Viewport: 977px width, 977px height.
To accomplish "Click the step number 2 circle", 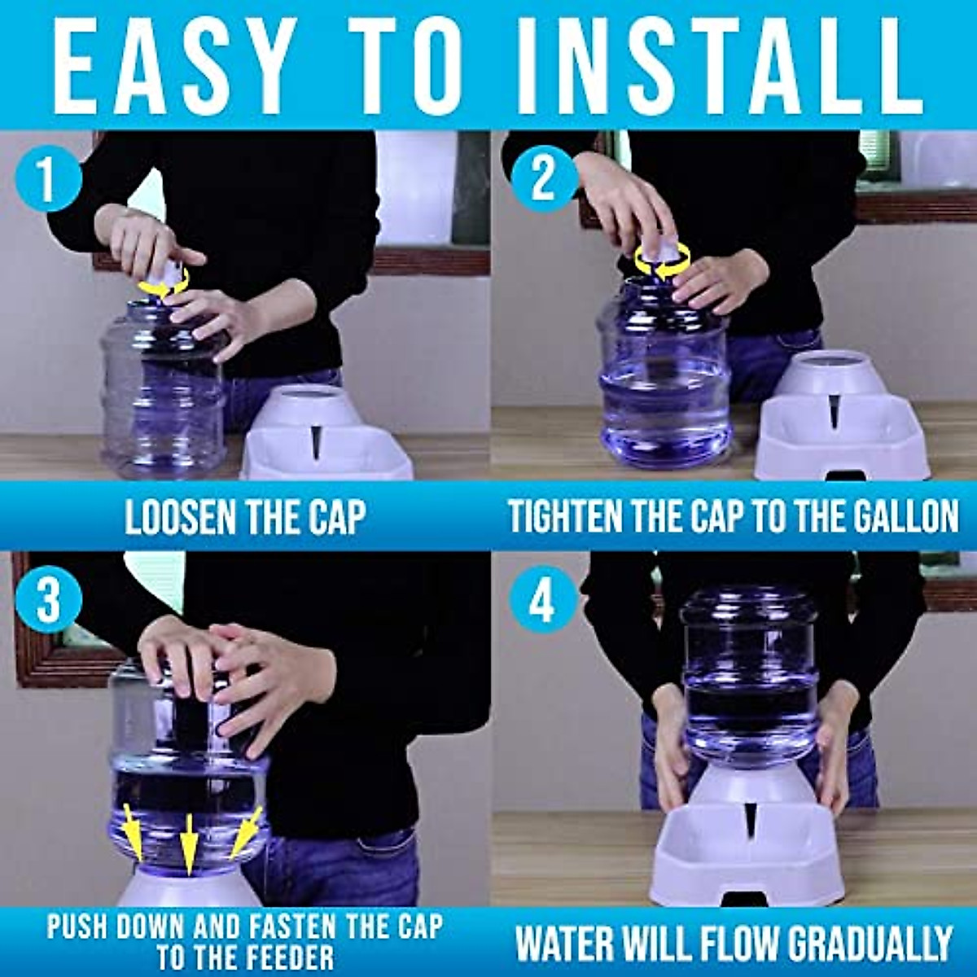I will click(x=543, y=179).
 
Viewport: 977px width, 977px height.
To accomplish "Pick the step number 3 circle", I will click(x=48, y=603).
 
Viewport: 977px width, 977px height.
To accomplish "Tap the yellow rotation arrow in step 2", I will click(x=662, y=260).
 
